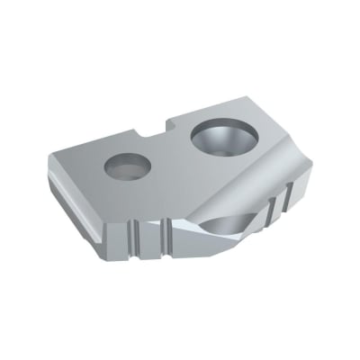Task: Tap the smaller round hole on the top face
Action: coord(125,167)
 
